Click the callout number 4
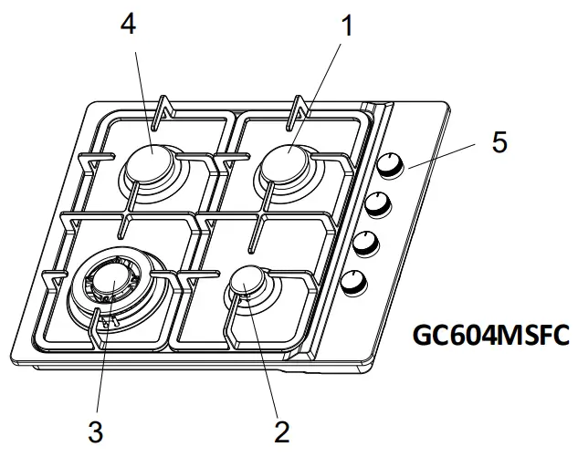[x=128, y=24]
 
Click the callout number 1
[x=345, y=26]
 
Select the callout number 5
[x=499, y=142]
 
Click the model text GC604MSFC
[x=491, y=335]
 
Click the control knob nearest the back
[x=392, y=165]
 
